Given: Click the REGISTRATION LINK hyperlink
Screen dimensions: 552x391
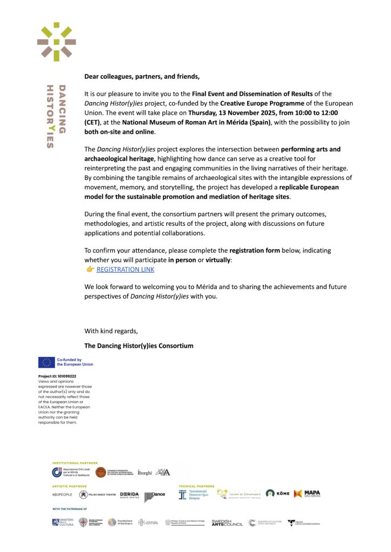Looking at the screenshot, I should (x=125, y=270).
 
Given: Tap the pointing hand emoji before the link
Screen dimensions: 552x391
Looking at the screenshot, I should (x=90, y=270).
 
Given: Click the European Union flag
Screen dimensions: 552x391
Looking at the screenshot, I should (x=45, y=362).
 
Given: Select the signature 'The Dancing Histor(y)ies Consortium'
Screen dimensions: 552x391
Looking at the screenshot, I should (x=139, y=346).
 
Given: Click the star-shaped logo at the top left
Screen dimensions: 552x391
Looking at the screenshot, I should (x=56, y=42).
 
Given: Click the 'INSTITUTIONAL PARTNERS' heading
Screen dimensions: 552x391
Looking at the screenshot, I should (x=75, y=463).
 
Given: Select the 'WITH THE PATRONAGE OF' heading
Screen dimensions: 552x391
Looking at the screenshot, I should (x=70, y=508).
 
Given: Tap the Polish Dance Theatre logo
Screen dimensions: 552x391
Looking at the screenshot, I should (x=97, y=494).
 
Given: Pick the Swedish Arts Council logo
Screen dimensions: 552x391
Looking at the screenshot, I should (x=227, y=522).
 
